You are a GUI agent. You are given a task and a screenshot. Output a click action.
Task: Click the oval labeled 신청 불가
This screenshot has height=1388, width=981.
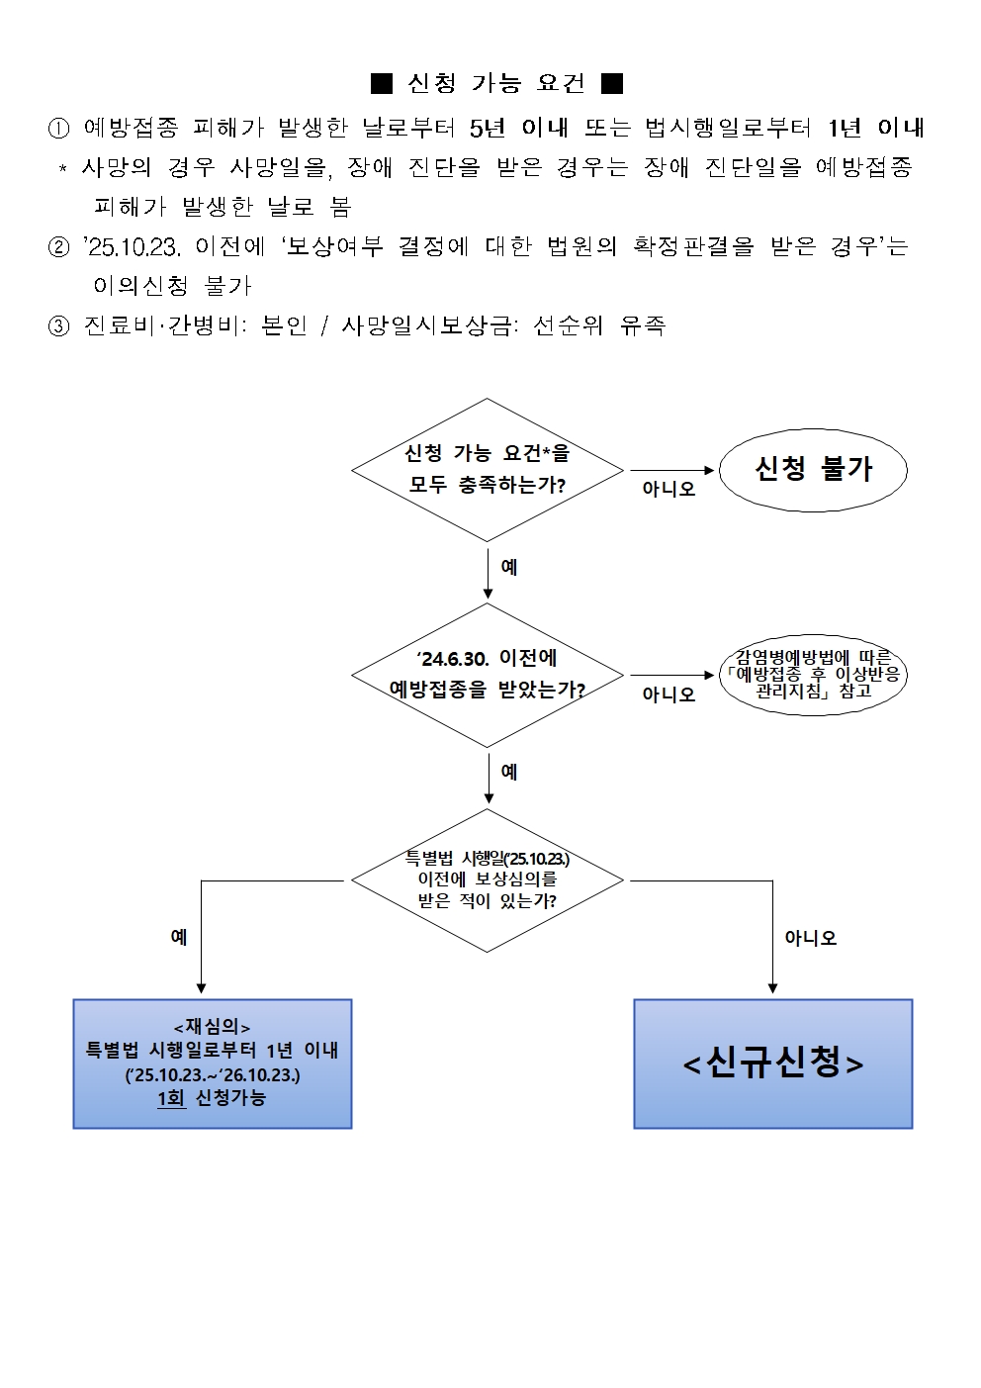813,470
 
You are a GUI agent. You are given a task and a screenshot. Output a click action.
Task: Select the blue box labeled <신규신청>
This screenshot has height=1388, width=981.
772,1064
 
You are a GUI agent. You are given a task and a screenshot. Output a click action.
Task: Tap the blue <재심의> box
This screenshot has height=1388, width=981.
213,1064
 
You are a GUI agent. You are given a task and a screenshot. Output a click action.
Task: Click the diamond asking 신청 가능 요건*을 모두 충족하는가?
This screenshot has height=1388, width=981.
488,470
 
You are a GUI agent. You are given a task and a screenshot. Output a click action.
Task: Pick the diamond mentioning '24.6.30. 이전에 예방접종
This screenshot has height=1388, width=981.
488,676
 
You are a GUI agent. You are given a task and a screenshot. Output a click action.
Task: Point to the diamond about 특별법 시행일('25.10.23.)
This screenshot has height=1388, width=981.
488,879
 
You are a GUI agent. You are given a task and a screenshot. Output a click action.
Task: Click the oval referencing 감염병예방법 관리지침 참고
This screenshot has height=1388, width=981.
813,676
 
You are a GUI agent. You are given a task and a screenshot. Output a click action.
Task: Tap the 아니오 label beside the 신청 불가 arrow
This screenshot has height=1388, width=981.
669,489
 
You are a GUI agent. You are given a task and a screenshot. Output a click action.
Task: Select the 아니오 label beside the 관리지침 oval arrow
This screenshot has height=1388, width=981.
669,694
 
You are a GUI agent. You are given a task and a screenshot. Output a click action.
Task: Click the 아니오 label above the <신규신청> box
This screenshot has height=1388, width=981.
810,938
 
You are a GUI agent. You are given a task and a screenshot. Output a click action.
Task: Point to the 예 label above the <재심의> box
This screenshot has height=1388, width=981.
179,937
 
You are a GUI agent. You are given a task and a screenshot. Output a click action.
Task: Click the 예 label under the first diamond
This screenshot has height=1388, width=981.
509,567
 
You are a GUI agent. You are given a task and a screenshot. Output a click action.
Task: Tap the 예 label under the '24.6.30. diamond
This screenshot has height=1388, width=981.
509,772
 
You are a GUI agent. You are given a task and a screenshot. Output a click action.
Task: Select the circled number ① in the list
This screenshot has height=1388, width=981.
58,128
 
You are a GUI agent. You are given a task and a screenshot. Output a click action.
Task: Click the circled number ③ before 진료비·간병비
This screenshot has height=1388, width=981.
58,325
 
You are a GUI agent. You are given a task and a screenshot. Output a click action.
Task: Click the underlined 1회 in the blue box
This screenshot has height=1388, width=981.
171,1098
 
